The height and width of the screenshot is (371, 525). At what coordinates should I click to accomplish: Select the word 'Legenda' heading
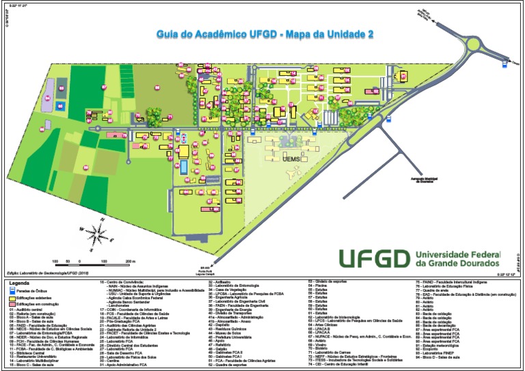(x=19, y=281)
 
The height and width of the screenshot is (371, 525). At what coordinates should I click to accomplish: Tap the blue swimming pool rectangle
(x=183, y=167)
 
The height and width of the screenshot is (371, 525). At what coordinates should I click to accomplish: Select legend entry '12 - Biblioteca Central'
(x=30, y=355)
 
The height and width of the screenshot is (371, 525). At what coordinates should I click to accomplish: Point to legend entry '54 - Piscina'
(x=321, y=285)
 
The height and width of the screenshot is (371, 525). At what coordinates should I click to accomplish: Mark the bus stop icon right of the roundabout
(x=506, y=64)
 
